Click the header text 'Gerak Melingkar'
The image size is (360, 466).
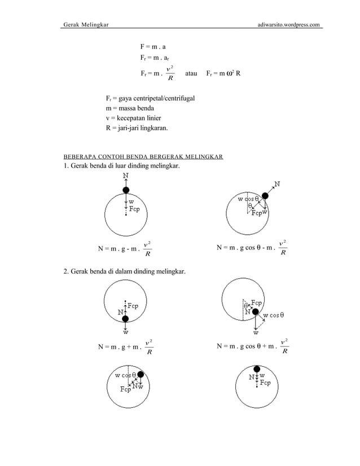point(86,25)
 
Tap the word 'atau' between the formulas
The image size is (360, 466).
point(192,73)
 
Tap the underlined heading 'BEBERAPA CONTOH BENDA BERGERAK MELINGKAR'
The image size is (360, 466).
point(143,156)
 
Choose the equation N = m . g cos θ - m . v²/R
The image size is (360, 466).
point(253,248)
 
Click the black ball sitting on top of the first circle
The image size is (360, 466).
point(126,190)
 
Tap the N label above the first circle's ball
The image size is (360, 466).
point(125,176)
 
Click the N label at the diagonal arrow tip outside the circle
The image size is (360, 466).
point(278,183)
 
